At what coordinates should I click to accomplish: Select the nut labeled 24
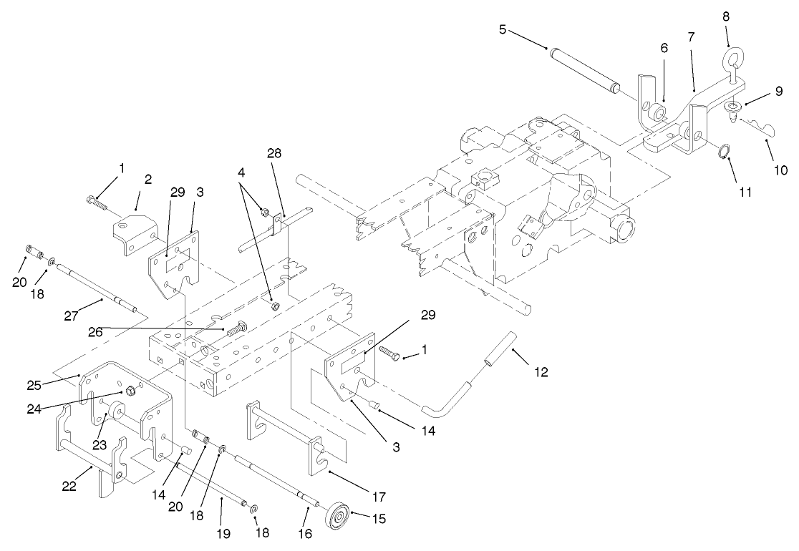point(131,391)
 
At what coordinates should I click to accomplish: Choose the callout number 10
point(780,170)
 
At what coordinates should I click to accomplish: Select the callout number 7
point(691,36)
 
